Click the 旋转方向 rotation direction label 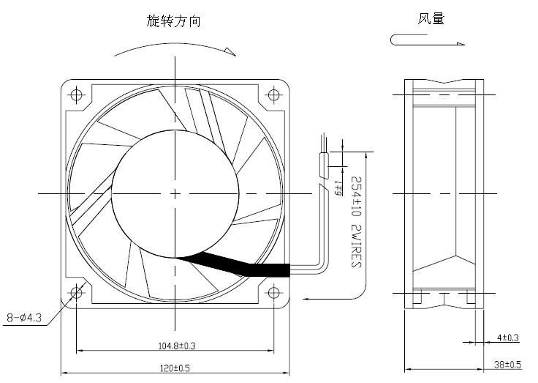(x=173, y=21)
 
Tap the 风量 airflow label (x=431, y=19)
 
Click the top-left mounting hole (x=77, y=94)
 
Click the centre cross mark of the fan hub (x=175, y=193)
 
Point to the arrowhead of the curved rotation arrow (x=232, y=51)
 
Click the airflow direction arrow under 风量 (x=428, y=41)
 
